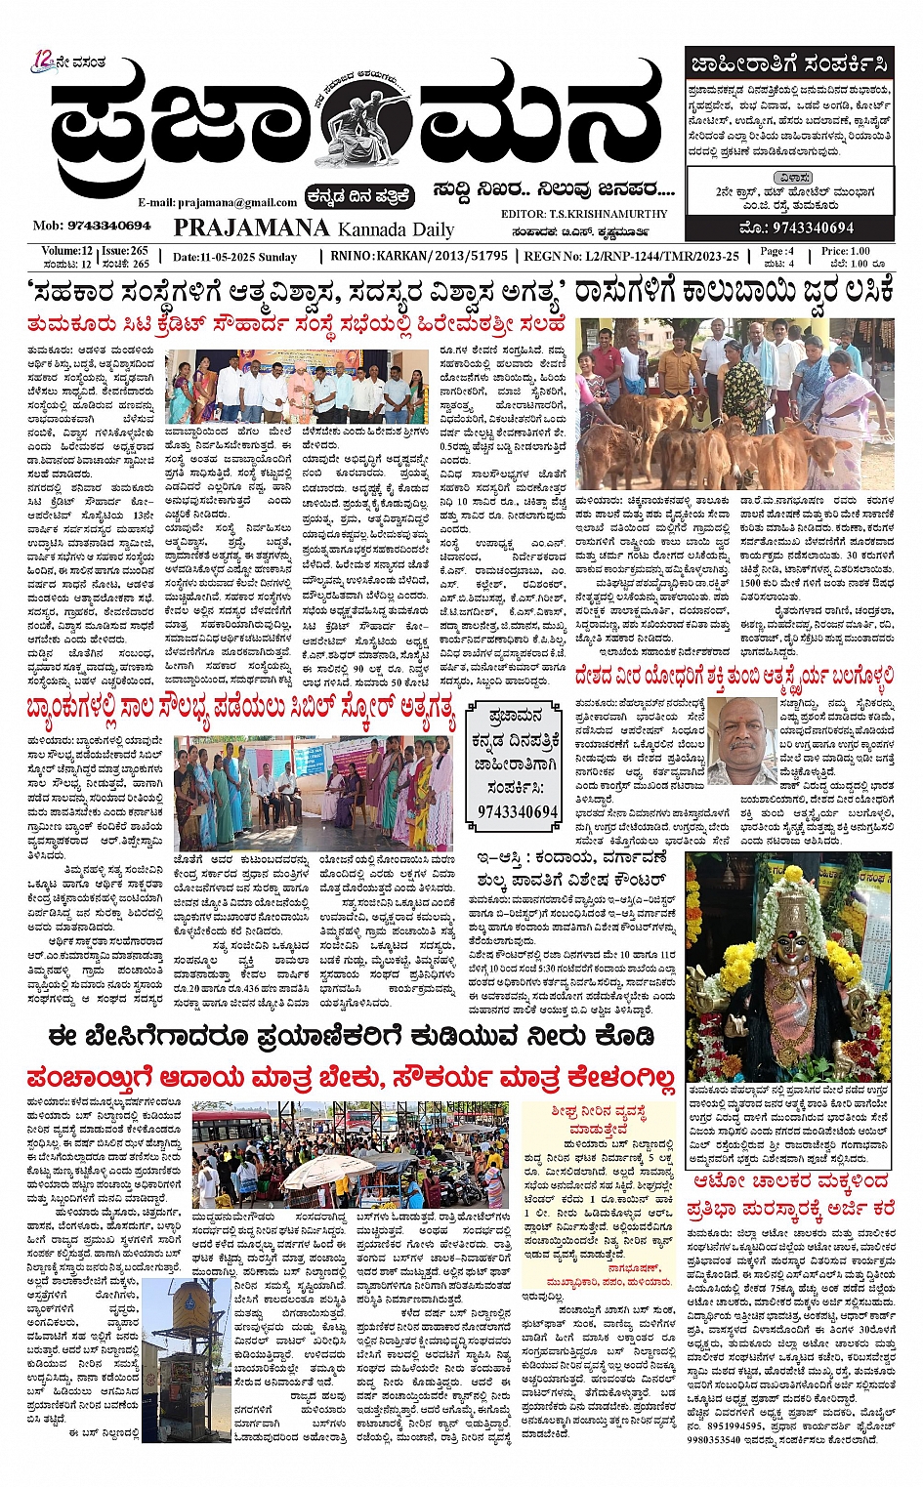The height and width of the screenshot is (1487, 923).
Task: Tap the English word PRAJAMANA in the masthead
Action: [251, 227]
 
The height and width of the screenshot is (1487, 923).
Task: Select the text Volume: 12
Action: [66, 251]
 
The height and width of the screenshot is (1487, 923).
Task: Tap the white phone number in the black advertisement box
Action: [813, 227]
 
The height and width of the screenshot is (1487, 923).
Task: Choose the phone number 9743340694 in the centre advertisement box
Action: [518, 811]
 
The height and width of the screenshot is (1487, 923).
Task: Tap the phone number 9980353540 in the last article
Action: [719, 1439]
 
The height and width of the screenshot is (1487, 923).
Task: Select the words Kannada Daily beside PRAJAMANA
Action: [396, 230]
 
